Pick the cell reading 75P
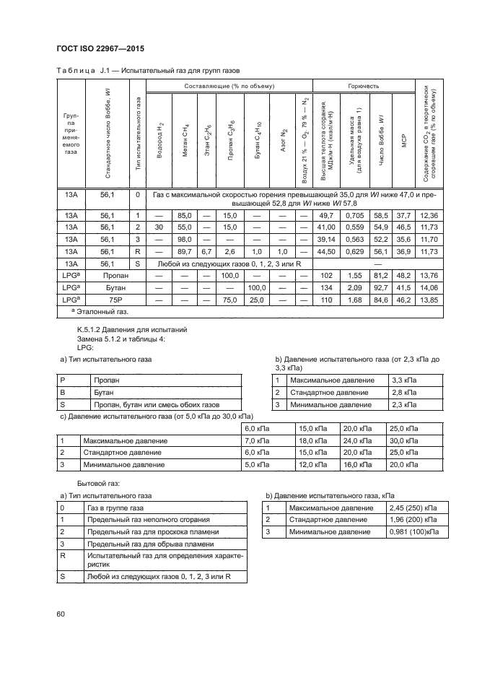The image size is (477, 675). point(108,300)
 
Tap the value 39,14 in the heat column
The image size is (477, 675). point(326,239)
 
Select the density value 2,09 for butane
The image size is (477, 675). point(354,287)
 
